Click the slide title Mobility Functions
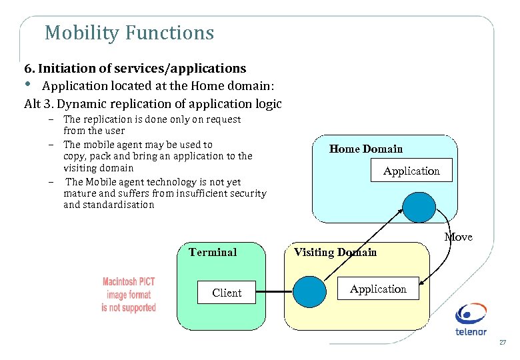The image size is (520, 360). pyautogui.click(x=129, y=33)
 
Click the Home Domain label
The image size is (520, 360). pyautogui.click(x=366, y=149)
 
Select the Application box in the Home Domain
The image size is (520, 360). pyautogui.click(x=411, y=171)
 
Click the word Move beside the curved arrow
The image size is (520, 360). pyautogui.click(x=458, y=237)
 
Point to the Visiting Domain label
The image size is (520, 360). pyautogui.click(x=335, y=252)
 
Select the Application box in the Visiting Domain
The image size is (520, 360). pyautogui.click(x=378, y=289)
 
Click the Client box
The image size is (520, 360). pyautogui.click(x=227, y=293)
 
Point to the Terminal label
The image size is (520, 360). pyautogui.click(x=213, y=252)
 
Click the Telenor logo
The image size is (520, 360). pyautogui.click(x=471, y=319)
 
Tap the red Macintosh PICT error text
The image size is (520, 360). pyautogui.click(x=129, y=295)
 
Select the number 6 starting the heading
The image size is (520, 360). pyautogui.click(x=28, y=69)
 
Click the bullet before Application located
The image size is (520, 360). pyautogui.click(x=28, y=85)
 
